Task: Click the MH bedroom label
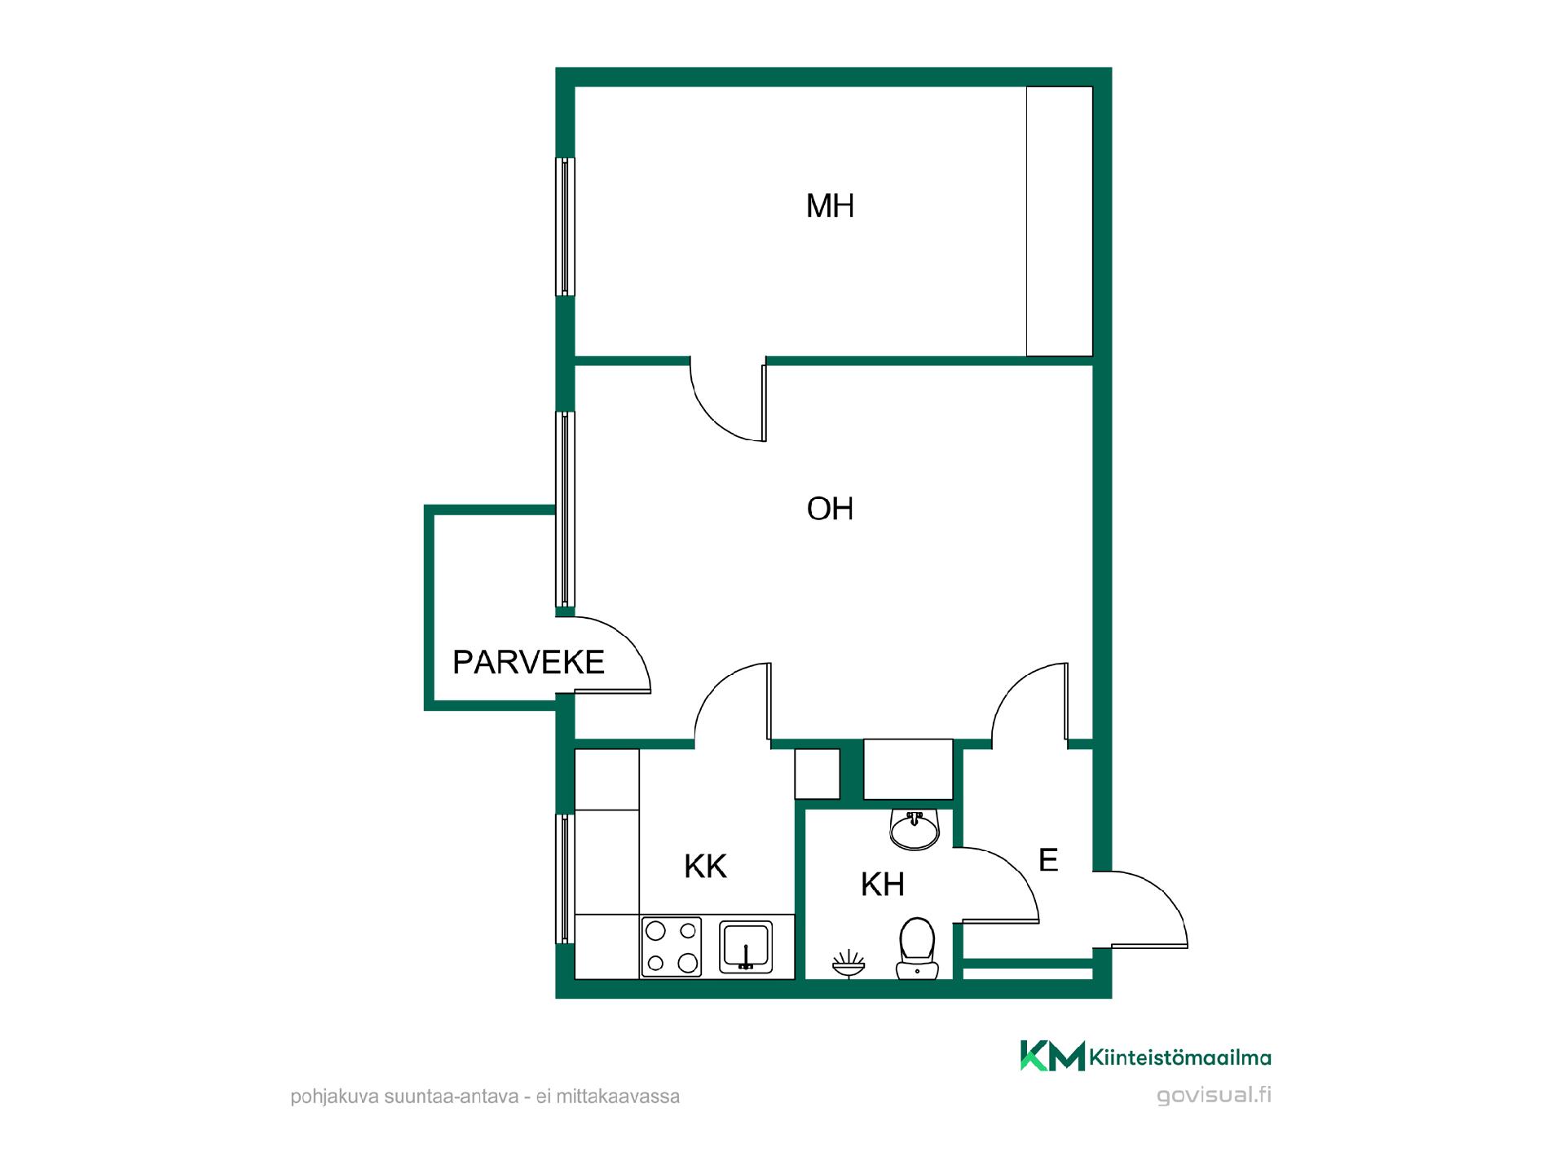point(830,206)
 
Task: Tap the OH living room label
point(830,509)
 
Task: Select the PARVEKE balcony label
point(528,662)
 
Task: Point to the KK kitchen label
point(705,867)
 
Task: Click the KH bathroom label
point(883,885)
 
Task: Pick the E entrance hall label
point(1048,860)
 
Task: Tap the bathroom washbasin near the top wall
point(915,828)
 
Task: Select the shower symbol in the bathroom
point(849,963)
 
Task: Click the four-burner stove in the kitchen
point(672,947)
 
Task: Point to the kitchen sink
point(746,947)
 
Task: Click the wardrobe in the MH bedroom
point(1059,222)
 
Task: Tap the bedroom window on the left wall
point(565,227)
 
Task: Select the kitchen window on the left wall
point(565,879)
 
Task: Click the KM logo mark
point(1052,1056)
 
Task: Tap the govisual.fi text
point(1214,1095)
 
